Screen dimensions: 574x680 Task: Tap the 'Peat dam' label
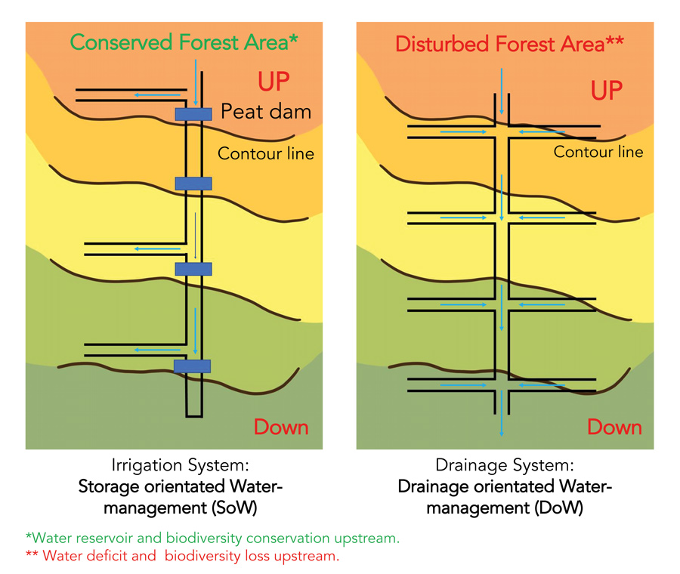[266, 113]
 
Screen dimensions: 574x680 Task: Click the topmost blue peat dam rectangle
[193, 114]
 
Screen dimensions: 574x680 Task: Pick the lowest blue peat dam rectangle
[192, 366]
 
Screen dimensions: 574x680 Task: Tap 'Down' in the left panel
[281, 427]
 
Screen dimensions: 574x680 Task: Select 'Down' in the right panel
[614, 427]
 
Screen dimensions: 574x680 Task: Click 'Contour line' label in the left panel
[266, 154]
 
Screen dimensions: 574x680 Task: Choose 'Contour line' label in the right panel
[598, 152]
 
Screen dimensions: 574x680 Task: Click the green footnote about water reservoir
[212, 539]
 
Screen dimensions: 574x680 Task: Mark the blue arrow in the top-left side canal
[150, 95]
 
